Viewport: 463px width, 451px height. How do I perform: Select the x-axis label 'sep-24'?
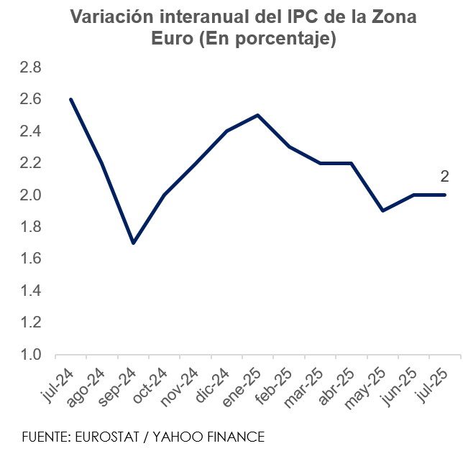119,388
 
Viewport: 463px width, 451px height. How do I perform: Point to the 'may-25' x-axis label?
367,389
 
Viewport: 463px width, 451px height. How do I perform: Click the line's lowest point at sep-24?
133,243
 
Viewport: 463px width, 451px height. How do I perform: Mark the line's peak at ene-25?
257,115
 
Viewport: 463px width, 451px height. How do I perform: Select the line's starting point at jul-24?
70,99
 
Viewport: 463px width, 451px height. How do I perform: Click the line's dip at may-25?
382,210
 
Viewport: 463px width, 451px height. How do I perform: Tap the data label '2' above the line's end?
444,177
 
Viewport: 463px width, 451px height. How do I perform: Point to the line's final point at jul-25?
445,195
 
